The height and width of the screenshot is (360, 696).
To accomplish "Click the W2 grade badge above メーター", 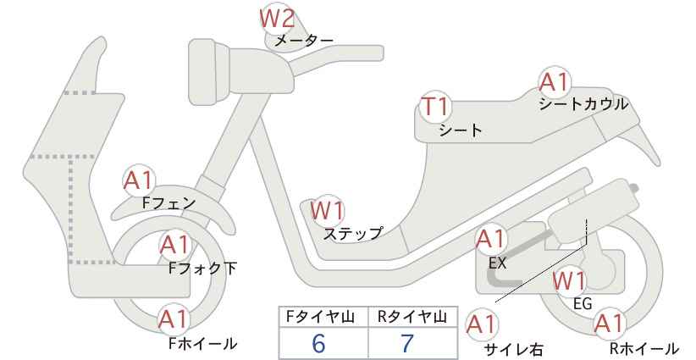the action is (x=277, y=19).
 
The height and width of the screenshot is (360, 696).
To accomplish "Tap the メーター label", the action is (x=304, y=41).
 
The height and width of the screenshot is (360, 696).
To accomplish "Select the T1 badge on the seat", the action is (x=436, y=107).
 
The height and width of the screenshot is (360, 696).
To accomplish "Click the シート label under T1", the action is (x=461, y=130).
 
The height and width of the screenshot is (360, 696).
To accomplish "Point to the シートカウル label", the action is (x=583, y=104).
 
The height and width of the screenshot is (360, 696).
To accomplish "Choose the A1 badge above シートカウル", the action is (x=555, y=82).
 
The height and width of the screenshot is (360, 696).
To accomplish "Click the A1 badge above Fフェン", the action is (x=139, y=181).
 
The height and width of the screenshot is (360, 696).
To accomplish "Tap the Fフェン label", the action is (x=168, y=203).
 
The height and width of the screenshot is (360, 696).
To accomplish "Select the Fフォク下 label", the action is (x=203, y=269).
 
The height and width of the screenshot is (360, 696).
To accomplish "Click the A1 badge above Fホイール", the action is (x=174, y=319).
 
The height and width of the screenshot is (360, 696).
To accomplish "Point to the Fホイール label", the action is (x=203, y=343).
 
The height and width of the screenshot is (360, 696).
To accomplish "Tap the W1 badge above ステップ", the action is (x=328, y=210).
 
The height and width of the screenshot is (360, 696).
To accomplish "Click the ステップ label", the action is (x=353, y=234).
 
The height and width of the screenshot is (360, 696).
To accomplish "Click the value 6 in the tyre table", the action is (x=318, y=343).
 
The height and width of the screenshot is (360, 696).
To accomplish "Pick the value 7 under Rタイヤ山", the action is (x=406, y=343).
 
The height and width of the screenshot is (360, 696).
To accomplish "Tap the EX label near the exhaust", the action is (x=497, y=263).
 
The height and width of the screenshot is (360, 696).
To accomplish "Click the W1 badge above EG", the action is (x=570, y=280).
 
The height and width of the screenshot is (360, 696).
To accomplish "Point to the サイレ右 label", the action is (x=514, y=350).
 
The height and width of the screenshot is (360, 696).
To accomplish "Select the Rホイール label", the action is (x=644, y=348).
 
